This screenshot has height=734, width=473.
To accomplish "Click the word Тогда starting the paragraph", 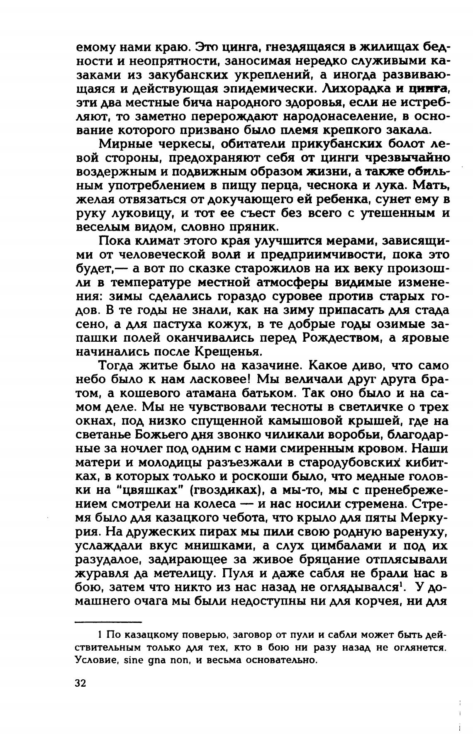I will [x=119, y=366].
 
